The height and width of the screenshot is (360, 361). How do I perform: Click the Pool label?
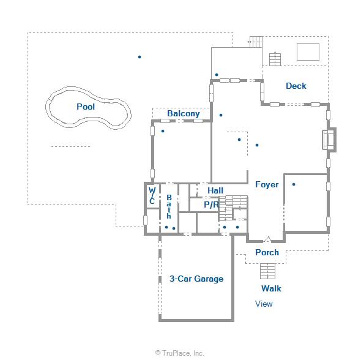pos(86,107)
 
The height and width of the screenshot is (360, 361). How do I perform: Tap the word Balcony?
pos(184,113)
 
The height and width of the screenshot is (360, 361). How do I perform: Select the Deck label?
pos(296,86)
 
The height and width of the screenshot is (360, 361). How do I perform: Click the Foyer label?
pos(267,184)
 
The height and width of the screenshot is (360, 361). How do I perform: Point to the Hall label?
pos(215,190)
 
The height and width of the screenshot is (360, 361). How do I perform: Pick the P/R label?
pos(211,204)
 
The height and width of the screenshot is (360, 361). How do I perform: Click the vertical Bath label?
pos(169,206)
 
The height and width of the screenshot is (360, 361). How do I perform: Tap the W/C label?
pos(152,195)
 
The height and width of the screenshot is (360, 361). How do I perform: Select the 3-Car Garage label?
pos(196,279)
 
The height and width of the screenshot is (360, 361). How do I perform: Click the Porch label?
pos(267,252)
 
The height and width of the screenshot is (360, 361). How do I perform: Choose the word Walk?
pos(271,288)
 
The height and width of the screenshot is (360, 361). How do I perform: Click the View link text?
pos(264,304)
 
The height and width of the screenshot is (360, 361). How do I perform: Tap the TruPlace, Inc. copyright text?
pos(180,353)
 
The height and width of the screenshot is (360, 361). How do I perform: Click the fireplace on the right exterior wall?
pos(329,140)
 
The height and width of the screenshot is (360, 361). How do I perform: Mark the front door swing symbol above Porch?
pos(267,239)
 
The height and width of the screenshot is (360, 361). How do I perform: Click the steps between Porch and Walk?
pos(267,271)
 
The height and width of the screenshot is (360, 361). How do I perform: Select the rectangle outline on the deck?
pos(308,52)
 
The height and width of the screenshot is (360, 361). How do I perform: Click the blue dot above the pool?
pos(140,57)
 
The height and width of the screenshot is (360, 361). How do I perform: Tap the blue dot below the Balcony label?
pos(163,131)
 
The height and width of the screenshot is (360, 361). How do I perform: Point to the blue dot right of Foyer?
pos(294,184)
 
